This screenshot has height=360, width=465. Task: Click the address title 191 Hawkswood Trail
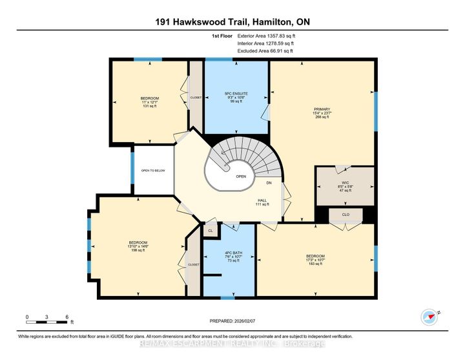pos(232,21)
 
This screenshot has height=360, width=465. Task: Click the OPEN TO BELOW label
pos(153,171)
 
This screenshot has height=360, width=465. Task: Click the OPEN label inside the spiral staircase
pos(241,176)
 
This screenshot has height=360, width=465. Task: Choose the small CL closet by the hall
pos(210,230)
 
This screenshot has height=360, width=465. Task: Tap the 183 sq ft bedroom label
pos(315,260)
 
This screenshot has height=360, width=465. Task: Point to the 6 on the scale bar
pos(67,317)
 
